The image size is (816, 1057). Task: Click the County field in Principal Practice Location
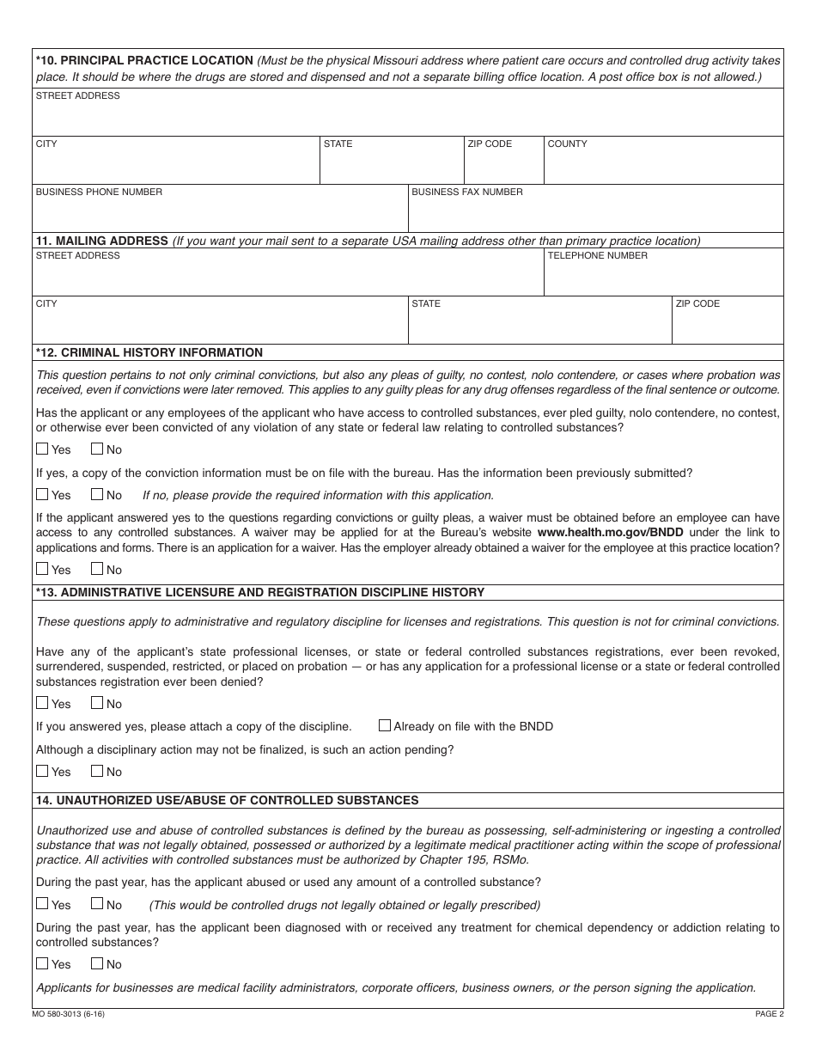pyautogui.click(x=663, y=165)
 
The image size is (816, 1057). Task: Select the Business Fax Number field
pyautogui.click(x=595, y=213)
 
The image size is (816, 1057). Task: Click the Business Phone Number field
pyautogui.click(x=219, y=213)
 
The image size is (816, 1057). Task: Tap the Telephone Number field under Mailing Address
pyautogui.click(x=663, y=277)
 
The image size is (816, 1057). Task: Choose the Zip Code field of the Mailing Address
pyautogui.click(x=728, y=325)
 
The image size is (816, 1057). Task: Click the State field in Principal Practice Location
pyautogui.click(x=391, y=165)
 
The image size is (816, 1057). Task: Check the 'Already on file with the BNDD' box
pyautogui.click(x=385, y=725)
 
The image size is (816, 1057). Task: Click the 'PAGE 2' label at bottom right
pyautogui.click(x=769, y=1014)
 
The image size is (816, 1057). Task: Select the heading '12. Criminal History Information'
pyautogui.click(x=149, y=352)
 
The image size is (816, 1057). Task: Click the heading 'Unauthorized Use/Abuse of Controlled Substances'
pyautogui.click(x=228, y=800)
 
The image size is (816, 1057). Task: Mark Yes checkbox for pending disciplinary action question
pyautogui.click(x=43, y=771)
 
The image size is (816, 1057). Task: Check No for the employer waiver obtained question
pyautogui.click(x=97, y=569)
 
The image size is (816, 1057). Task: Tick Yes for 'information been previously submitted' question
pyautogui.click(x=43, y=494)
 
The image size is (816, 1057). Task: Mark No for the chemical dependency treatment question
pyautogui.click(x=97, y=963)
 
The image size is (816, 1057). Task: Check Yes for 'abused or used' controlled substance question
pyautogui.click(x=43, y=904)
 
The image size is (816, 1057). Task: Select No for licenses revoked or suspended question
pyautogui.click(x=97, y=703)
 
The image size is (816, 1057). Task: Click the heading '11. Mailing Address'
pyautogui.click(x=101, y=241)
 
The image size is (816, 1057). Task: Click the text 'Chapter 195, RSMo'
pyautogui.click(x=480, y=860)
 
